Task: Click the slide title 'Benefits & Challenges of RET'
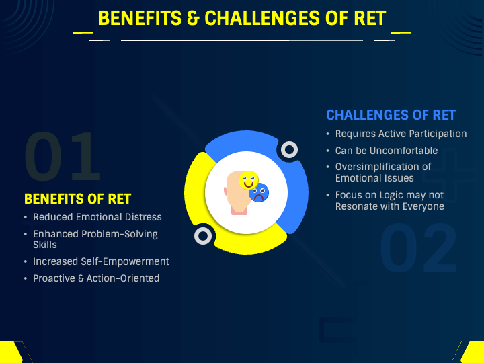242,18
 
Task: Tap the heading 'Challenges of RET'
391,115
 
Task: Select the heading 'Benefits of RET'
77,199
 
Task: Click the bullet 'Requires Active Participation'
401,134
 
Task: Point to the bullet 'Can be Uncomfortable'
387,151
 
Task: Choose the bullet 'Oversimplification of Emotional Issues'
383,172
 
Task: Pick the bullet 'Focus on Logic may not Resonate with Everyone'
389,200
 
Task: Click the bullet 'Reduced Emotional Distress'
97,217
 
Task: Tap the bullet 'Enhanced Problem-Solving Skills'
95,239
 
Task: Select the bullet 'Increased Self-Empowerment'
101,261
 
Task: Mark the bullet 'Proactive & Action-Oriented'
96,278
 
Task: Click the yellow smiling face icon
249,179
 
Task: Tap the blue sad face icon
258,194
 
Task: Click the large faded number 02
418,249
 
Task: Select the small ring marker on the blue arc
289,149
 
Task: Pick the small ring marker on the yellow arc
203,235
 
